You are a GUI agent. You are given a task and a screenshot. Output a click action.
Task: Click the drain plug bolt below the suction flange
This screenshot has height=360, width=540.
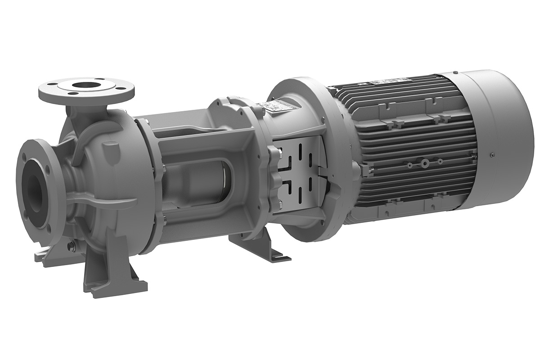click(70, 246)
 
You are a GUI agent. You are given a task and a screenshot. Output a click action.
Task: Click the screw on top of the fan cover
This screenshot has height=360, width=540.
click(456, 72)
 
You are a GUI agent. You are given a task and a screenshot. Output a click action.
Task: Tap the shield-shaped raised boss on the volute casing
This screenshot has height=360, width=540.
click(110, 148)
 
